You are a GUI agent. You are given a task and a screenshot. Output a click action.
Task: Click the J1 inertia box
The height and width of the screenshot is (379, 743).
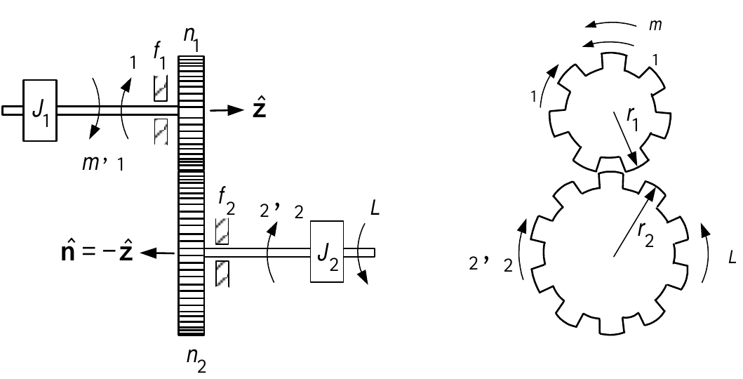(x=40, y=110)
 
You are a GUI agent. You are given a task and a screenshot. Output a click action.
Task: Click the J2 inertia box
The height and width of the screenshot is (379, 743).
(x=327, y=251)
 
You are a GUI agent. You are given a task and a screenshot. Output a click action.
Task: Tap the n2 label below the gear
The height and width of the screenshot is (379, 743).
(x=196, y=361)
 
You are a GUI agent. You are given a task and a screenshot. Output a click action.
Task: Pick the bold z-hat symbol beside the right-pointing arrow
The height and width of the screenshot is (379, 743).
(x=259, y=109)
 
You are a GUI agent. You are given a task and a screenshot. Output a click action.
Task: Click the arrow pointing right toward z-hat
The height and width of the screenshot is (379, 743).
(x=227, y=110)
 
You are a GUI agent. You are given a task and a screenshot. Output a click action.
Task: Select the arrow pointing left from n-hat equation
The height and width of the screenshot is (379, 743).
(x=157, y=253)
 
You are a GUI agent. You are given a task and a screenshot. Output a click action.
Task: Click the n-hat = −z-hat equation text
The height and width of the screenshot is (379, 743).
(x=97, y=253)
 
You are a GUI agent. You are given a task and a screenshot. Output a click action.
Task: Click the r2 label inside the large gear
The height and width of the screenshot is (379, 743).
(x=645, y=234)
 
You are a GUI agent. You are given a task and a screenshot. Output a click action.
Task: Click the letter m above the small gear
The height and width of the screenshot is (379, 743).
(x=655, y=25)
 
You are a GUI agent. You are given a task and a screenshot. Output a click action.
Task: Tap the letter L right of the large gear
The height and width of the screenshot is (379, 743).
(x=732, y=258)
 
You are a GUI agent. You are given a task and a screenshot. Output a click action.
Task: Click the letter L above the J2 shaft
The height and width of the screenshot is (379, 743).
(x=375, y=209)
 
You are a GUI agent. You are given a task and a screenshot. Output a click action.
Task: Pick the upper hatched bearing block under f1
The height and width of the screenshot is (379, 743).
(x=161, y=88)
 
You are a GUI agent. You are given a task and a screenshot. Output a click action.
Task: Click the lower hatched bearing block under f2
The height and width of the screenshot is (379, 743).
(x=222, y=274)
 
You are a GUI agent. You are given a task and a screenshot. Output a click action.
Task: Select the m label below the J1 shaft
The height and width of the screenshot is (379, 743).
(x=89, y=164)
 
